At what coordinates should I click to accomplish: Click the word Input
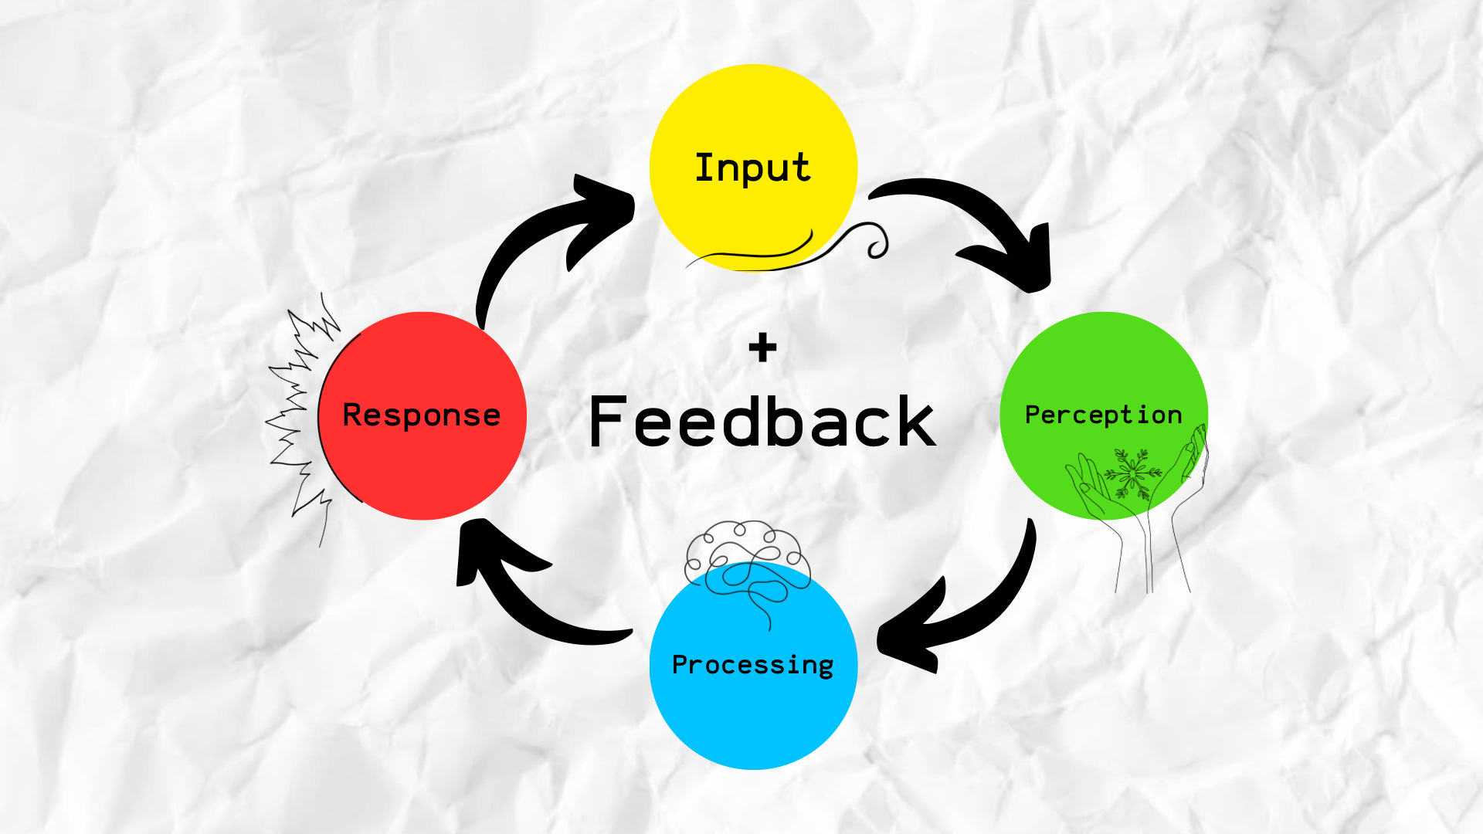752,168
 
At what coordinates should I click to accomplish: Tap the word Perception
1103,415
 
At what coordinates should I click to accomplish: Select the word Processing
752,665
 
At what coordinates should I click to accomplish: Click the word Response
421,415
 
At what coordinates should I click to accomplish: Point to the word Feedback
762,422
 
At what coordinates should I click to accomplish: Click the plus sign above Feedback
762,348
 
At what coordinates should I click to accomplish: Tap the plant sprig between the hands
1133,473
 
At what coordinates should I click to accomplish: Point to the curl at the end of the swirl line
877,246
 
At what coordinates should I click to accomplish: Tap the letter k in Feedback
915,422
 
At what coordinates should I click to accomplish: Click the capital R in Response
352,415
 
